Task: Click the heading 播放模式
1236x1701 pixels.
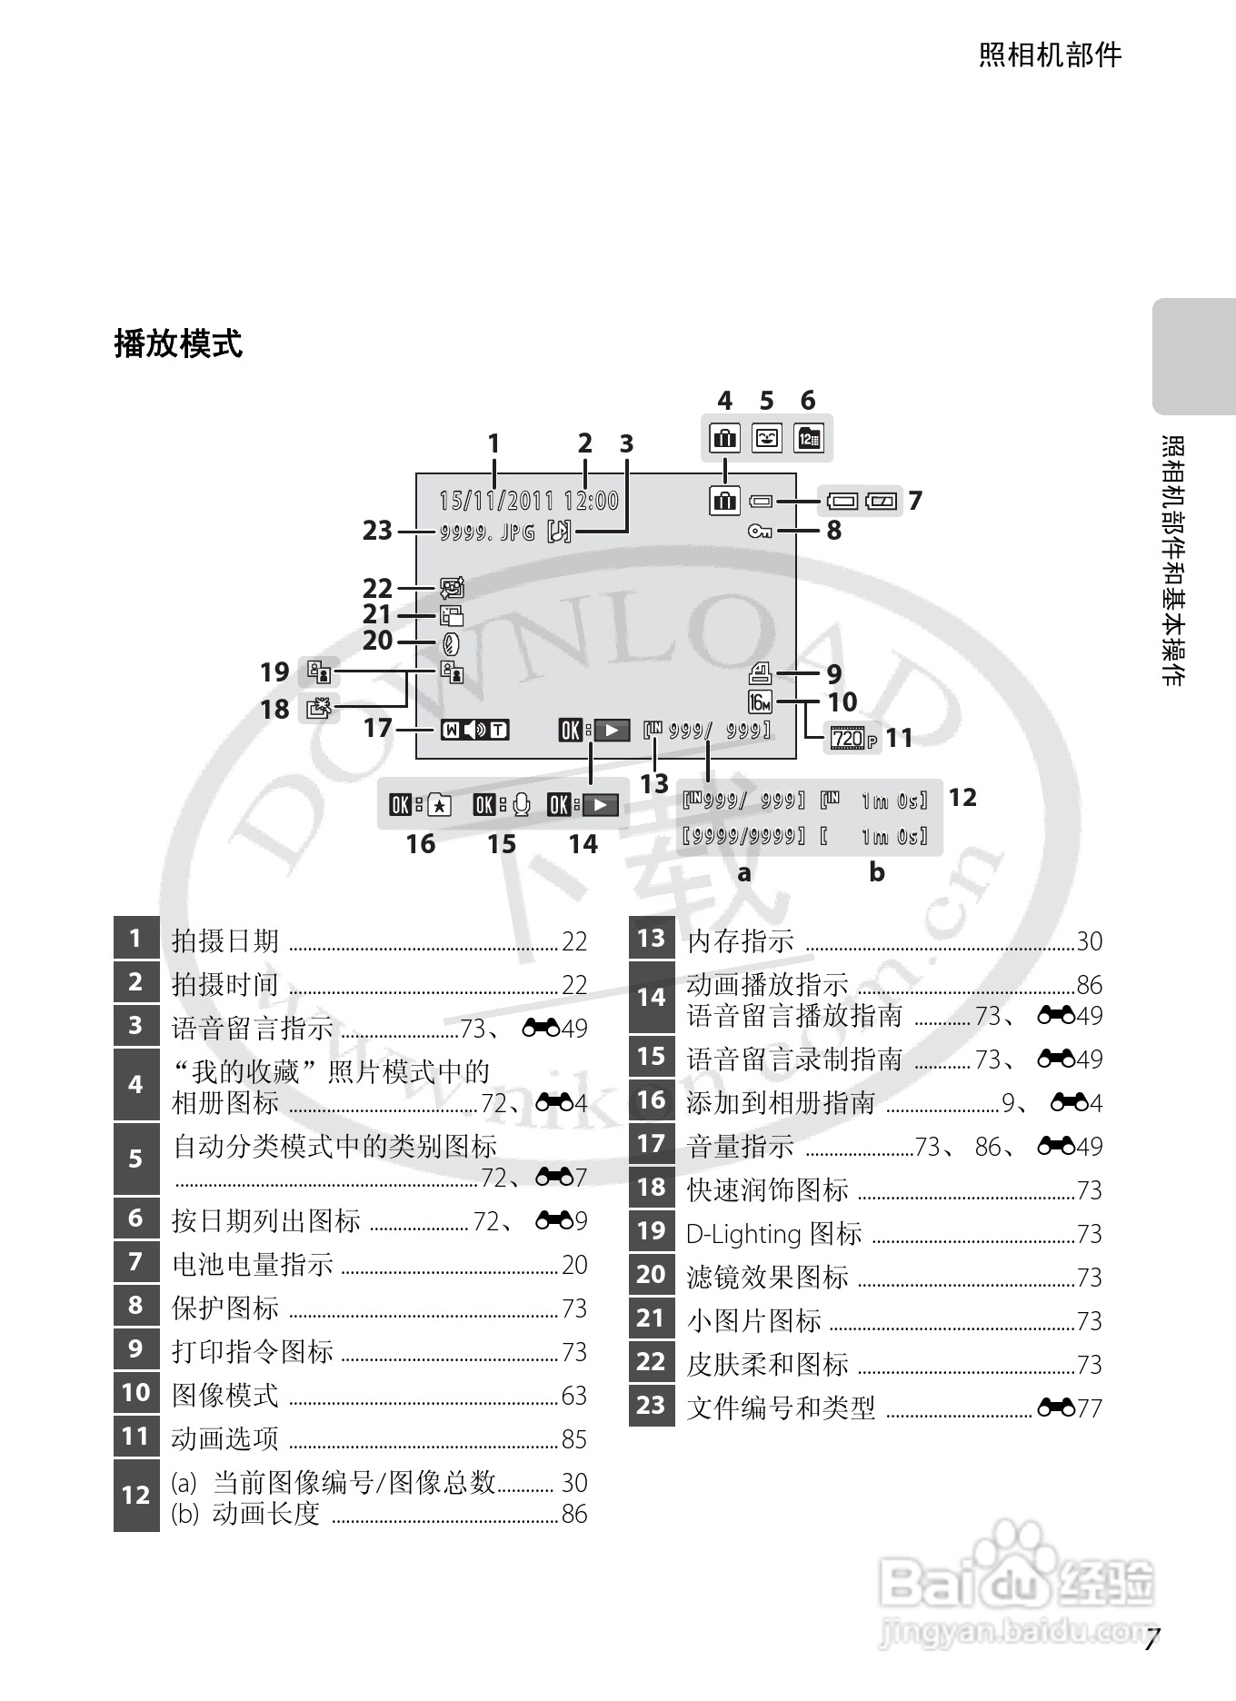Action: click(178, 344)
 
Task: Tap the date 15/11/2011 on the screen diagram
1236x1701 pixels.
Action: click(496, 501)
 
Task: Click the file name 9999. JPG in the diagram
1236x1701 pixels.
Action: click(487, 532)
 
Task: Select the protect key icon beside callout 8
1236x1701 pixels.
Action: click(760, 532)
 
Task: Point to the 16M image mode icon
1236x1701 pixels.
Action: click(760, 702)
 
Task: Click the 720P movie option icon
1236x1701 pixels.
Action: click(853, 739)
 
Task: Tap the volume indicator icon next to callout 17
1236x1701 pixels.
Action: click(474, 730)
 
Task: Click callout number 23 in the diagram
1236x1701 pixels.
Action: click(377, 530)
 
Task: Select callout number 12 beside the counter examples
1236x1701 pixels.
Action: click(962, 798)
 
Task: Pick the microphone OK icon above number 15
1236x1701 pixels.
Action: click(502, 805)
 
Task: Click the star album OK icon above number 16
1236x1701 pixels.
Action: click(421, 805)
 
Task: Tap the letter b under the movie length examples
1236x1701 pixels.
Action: click(876, 872)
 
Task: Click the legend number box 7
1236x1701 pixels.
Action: click(136, 1261)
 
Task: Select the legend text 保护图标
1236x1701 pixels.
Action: click(225, 1308)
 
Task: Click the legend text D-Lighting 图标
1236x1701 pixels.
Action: click(773, 1233)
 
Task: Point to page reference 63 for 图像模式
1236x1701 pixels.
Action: click(573, 1395)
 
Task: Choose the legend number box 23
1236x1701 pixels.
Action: click(651, 1405)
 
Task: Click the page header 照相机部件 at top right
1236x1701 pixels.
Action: click(1050, 55)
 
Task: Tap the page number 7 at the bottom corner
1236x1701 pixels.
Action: click(1152, 1640)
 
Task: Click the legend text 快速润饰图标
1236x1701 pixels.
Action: click(767, 1189)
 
